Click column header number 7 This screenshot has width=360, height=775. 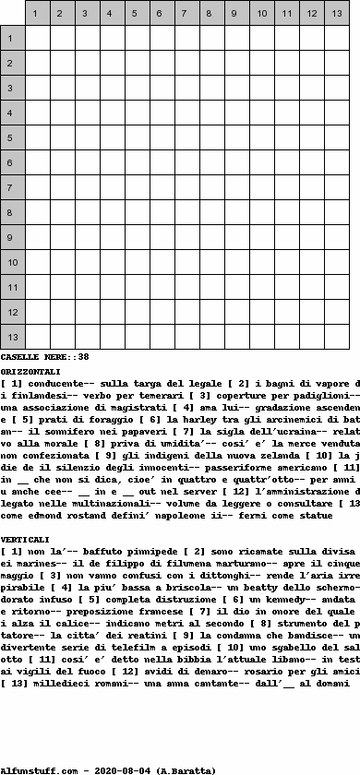187,13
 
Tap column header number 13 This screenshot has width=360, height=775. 337,13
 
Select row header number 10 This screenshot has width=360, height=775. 12,262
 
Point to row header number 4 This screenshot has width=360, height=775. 12,113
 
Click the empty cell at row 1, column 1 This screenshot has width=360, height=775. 38,38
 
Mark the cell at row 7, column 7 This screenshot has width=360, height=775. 187,187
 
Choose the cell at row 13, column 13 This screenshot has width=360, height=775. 337,337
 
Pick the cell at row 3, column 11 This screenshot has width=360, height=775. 287,88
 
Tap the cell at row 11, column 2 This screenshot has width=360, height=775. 63,287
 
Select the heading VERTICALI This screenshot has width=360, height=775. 26,538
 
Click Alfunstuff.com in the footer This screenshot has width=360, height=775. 33,769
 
